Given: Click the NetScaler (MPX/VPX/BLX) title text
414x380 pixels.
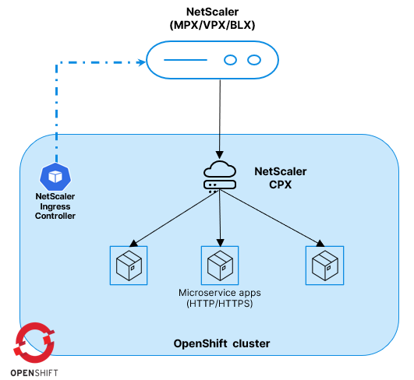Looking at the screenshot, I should point(211,18).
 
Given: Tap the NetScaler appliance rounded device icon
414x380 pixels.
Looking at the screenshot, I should point(211,59).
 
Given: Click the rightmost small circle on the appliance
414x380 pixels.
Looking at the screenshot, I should point(253,59).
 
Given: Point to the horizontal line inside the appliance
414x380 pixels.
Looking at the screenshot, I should point(185,59).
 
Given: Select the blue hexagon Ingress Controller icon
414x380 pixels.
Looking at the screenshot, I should point(55,178).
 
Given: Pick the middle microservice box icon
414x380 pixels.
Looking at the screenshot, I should point(220,266).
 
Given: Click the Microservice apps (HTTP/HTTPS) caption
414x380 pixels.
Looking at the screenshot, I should point(220,297).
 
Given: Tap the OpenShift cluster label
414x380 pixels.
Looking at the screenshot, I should point(220,343).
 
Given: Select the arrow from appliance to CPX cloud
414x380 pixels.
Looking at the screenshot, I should point(221,117).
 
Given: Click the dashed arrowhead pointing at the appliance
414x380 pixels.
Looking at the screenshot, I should point(140,59).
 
